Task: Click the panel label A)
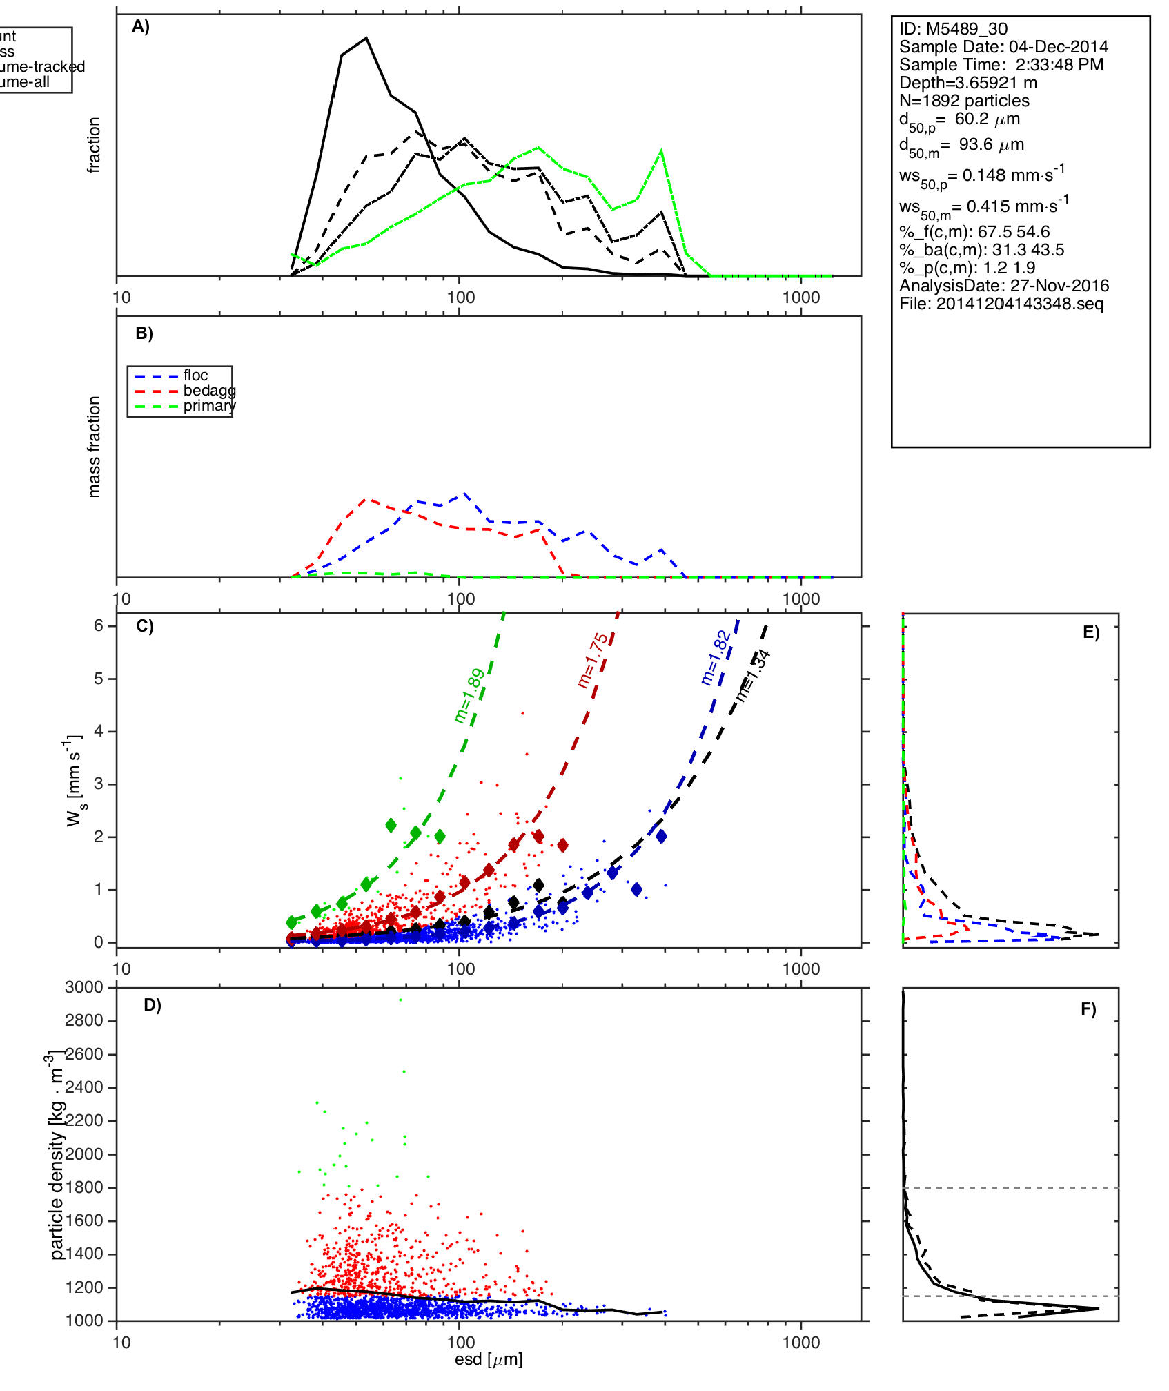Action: [141, 26]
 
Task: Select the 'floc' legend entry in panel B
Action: [195, 376]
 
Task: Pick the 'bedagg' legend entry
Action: [209, 391]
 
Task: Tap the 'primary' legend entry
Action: [209, 406]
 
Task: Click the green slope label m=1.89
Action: [470, 696]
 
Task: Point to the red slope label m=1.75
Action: [593, 661]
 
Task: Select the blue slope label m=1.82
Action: [716, 657]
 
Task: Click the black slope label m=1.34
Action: [753, 676]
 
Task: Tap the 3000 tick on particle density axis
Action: [84, 987]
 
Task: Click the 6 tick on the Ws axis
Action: [99, 625]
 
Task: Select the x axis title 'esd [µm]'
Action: [489, 1359]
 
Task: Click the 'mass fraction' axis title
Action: [95, 447]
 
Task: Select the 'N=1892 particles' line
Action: [964, 101]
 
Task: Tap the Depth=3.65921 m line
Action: [967, 83]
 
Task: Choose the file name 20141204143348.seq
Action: [1019, 304]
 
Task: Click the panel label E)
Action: [1091, 633]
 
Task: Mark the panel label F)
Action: [1088, 1009]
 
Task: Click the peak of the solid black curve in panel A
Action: [366, 38]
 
